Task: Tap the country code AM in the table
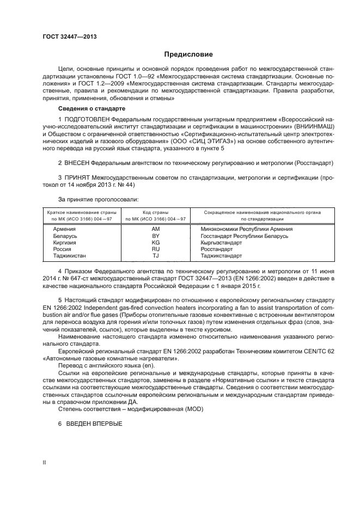click(155, 229)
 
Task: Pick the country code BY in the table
click(155, 236)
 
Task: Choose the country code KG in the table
click(155, 242)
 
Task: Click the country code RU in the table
click(155, 249)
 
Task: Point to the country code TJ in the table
click(155, 255)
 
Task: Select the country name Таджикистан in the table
click(70, 255)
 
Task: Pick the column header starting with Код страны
click(155, 215)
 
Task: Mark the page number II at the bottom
click(45, 462)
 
